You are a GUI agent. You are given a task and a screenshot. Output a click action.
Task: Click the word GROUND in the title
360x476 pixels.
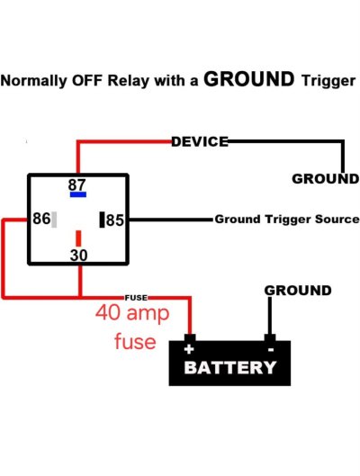(249, 79)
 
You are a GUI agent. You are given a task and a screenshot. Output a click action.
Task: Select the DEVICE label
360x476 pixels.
(200, 142)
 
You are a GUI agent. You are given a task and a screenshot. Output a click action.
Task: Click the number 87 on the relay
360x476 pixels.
(77, 184)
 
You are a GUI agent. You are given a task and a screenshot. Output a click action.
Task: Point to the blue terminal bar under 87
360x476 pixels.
(78, 194)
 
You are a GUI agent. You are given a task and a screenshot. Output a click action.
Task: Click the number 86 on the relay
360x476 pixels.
(41, 219)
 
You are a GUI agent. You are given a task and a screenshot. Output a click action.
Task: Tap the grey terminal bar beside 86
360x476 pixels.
(54, 220)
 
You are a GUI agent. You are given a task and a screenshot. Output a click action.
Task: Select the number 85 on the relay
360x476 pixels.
(115, 220)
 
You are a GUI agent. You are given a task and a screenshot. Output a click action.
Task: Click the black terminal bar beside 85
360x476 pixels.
(102, 220)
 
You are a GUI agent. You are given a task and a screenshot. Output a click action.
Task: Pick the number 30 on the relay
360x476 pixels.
(78, 256)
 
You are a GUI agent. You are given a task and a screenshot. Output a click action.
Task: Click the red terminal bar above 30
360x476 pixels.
(78, 238)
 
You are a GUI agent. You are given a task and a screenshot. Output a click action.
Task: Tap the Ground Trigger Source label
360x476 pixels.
(287, 220)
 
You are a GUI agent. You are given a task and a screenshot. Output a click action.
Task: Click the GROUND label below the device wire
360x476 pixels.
(326, 179)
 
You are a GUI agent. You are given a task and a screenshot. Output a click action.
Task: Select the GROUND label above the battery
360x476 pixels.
(298, 291)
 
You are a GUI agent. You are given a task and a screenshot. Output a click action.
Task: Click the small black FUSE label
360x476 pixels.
(136, 298)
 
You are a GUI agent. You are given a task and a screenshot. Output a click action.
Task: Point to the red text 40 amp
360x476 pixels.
(132, 313)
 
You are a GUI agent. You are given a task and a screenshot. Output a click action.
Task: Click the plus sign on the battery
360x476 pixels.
(189, 349)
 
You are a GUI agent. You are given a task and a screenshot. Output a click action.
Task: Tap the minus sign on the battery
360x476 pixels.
(271, 350)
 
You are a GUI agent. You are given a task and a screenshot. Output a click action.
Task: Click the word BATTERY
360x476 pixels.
(230, 367)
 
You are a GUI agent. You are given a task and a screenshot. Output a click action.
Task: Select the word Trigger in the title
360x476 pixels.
(328, 81)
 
